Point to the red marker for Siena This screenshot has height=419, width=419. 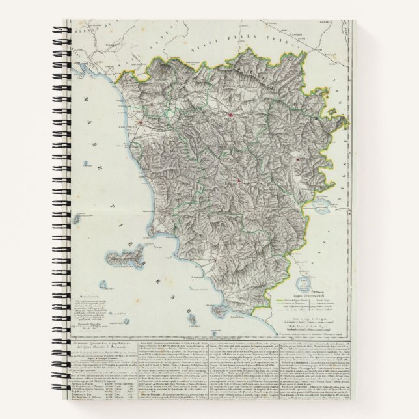(x=239, y=181)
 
